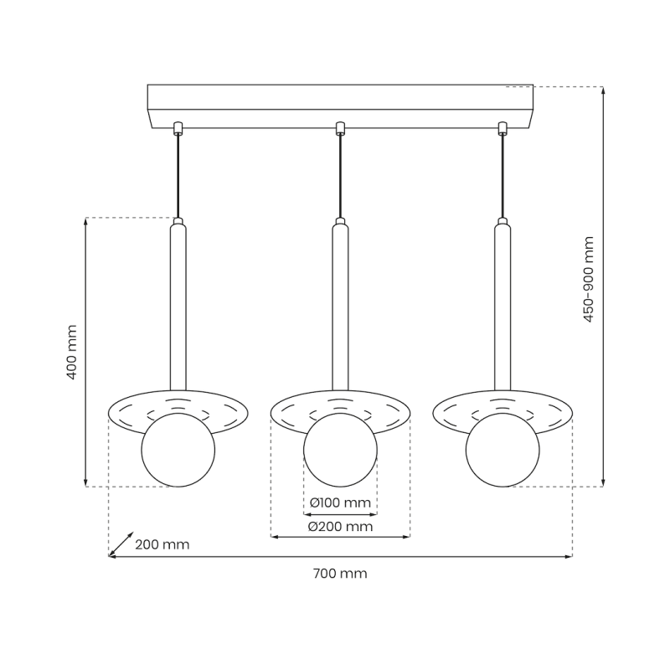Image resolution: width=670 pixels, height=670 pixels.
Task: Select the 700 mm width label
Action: point(340,574)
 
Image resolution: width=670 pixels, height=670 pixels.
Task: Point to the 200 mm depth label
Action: point(162,544)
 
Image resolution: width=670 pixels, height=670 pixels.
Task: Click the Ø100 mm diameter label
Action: point(339,502)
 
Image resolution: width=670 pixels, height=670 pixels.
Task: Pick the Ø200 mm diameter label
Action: point(340,527)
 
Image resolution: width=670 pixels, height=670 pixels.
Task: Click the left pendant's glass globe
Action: point(178,450)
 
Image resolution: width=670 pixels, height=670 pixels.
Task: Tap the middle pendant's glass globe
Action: point(340,450)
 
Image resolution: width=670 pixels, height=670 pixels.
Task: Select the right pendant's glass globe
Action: point(502,450)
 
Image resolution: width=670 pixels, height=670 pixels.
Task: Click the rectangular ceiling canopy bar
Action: point(340,106)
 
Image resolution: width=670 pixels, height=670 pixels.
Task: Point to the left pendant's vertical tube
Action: point(178,310)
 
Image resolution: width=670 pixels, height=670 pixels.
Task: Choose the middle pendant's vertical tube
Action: point(340,310)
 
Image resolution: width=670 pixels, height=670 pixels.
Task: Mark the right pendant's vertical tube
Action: point(502,310)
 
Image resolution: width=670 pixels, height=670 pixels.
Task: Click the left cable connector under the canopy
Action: point(178,128)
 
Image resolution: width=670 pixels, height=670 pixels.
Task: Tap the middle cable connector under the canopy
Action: point(340,128)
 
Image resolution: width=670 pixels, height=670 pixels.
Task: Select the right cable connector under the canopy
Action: point(502,128)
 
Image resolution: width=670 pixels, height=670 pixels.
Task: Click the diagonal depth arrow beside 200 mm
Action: point(121,543)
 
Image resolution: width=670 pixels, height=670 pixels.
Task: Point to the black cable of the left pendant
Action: point(178,176)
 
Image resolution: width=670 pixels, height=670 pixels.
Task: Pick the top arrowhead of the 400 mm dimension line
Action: point(86,222)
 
